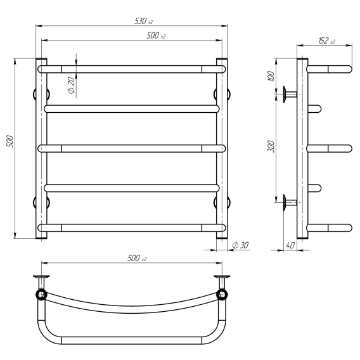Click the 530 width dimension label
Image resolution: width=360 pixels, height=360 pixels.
pyautogui.click(x=144, y=21)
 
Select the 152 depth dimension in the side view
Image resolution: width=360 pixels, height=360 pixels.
pyautogui.click(x=326, y=41)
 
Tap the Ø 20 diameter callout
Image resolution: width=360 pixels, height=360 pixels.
pyautogui.click(x=72, y=85)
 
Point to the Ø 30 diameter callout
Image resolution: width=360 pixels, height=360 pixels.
pyautogui.click(x=240, y=245)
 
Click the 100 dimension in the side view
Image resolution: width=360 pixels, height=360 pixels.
pyautogui.click(x=271, y=76)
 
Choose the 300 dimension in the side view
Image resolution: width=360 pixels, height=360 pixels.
pyautogui.click(x=271, y=146)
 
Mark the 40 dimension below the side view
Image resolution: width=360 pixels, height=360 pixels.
pyautogui.click(x=290, y=245)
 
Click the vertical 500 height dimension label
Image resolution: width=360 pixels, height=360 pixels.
pyautogui.click(x=10, y=141)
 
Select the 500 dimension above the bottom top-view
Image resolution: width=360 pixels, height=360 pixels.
pyautogui.click(x=137, y=258)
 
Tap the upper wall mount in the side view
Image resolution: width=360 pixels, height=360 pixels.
pyautogui.click(x=290, y=94)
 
